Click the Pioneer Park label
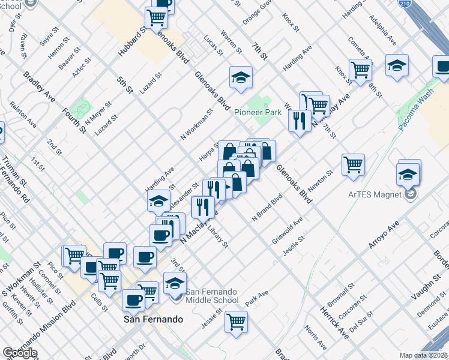(258, 112)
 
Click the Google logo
(20, 353)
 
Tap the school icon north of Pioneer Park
(241, 77)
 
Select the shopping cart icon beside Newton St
(354, 164)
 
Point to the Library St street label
(217, 235)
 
